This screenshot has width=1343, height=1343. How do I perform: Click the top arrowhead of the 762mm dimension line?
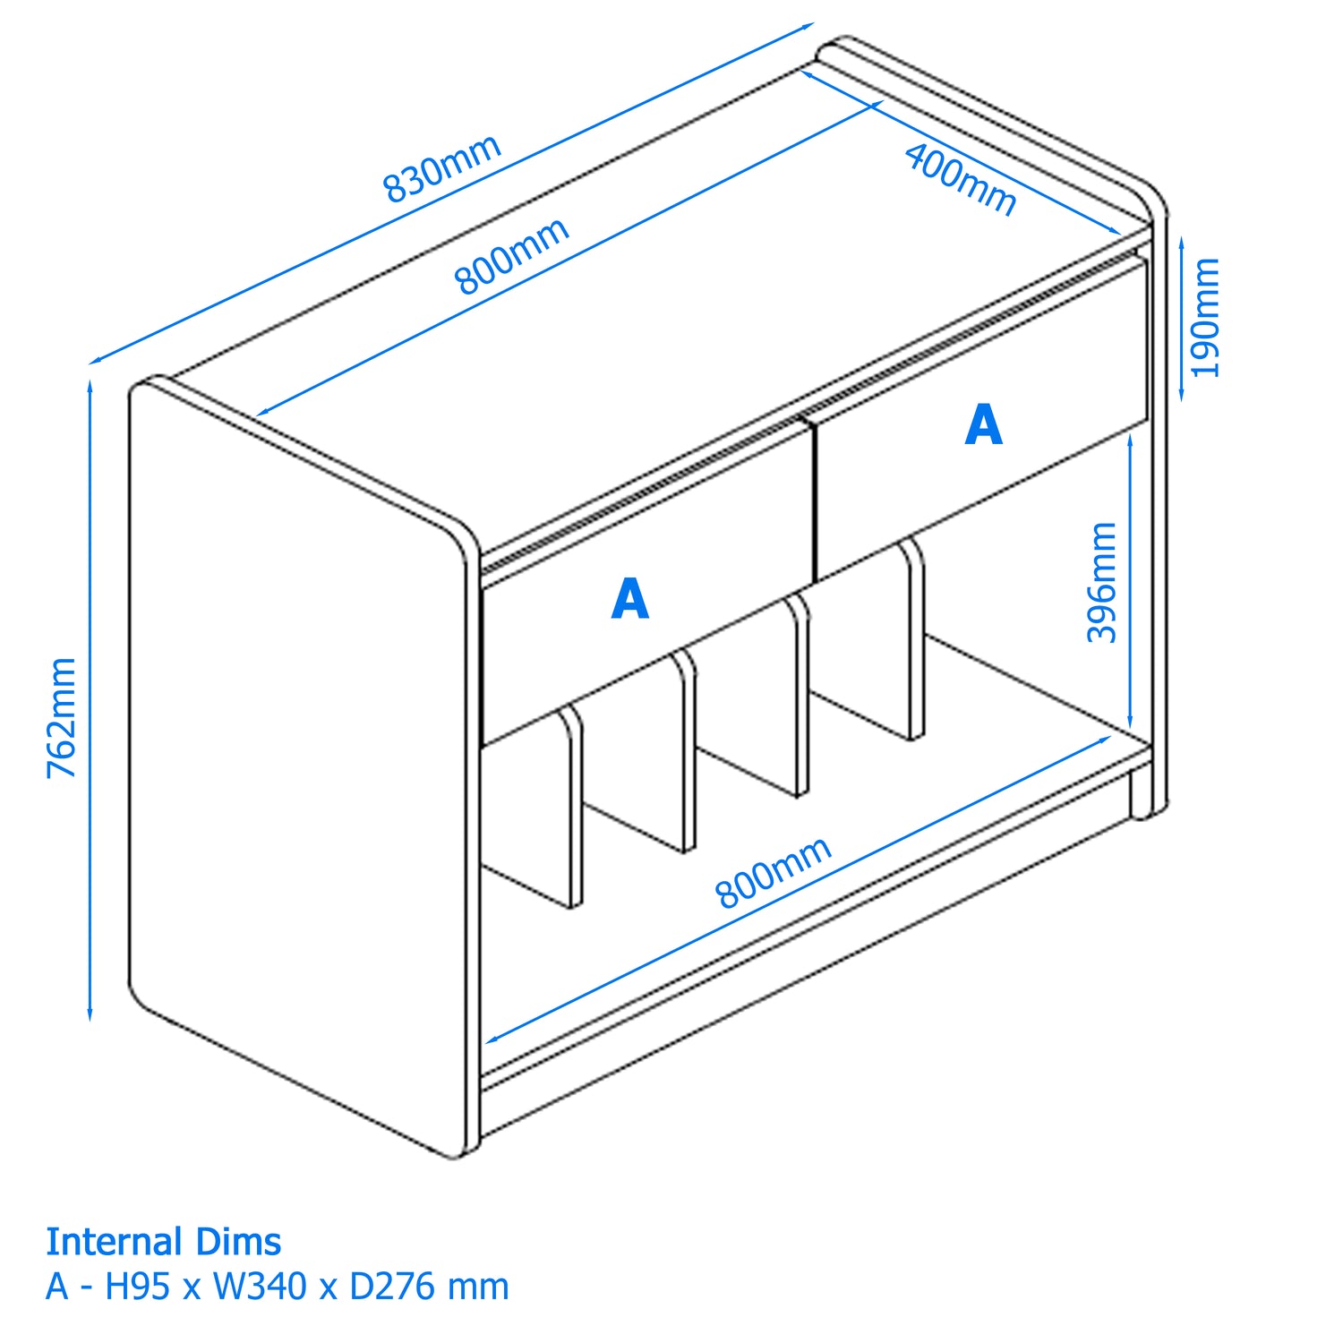coord(90,380)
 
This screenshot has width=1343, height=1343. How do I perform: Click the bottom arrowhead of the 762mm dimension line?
coord(90,1021)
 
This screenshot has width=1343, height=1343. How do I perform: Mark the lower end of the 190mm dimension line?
coord(1182,400)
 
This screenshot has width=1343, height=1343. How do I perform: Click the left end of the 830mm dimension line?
coord(90,364)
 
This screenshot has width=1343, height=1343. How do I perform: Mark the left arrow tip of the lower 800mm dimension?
coord(486,1043)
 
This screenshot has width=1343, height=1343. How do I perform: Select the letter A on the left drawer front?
coord(629,599)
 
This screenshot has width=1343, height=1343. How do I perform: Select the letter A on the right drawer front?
coord(984,424)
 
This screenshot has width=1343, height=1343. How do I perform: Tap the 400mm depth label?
coord(961,180)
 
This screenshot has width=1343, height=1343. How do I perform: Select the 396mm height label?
coord(1102,582)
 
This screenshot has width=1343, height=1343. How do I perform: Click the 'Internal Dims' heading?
coord(164,1242)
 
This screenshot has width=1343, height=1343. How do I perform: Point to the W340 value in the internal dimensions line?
coord(260,1287)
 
